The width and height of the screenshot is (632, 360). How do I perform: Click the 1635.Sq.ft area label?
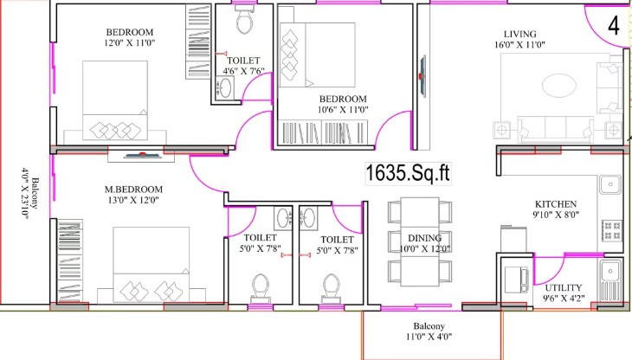408,174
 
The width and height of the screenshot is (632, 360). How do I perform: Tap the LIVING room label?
520,35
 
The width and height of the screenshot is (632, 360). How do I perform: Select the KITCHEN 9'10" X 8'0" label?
556,209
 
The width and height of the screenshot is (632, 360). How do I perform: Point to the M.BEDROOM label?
134,190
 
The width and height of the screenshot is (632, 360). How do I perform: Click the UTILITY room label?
564,288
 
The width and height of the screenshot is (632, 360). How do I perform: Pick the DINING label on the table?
424,238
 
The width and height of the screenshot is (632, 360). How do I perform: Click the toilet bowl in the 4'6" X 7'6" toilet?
245,20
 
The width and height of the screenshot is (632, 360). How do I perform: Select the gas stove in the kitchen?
612,231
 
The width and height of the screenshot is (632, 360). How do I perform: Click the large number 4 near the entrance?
613,26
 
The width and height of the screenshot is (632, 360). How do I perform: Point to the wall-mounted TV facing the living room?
422,75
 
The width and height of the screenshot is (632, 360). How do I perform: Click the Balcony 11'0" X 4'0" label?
429,331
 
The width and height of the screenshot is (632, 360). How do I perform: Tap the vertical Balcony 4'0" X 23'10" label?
30,193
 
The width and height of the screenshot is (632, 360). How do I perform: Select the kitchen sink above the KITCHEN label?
610,185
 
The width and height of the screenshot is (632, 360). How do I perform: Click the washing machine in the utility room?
517,280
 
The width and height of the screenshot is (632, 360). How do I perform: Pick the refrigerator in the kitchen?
513,239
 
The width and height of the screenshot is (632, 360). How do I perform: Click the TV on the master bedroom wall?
141,155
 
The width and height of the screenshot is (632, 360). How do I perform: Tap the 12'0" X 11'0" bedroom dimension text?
129,42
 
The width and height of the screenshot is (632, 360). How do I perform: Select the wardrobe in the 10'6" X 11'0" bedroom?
323,132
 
